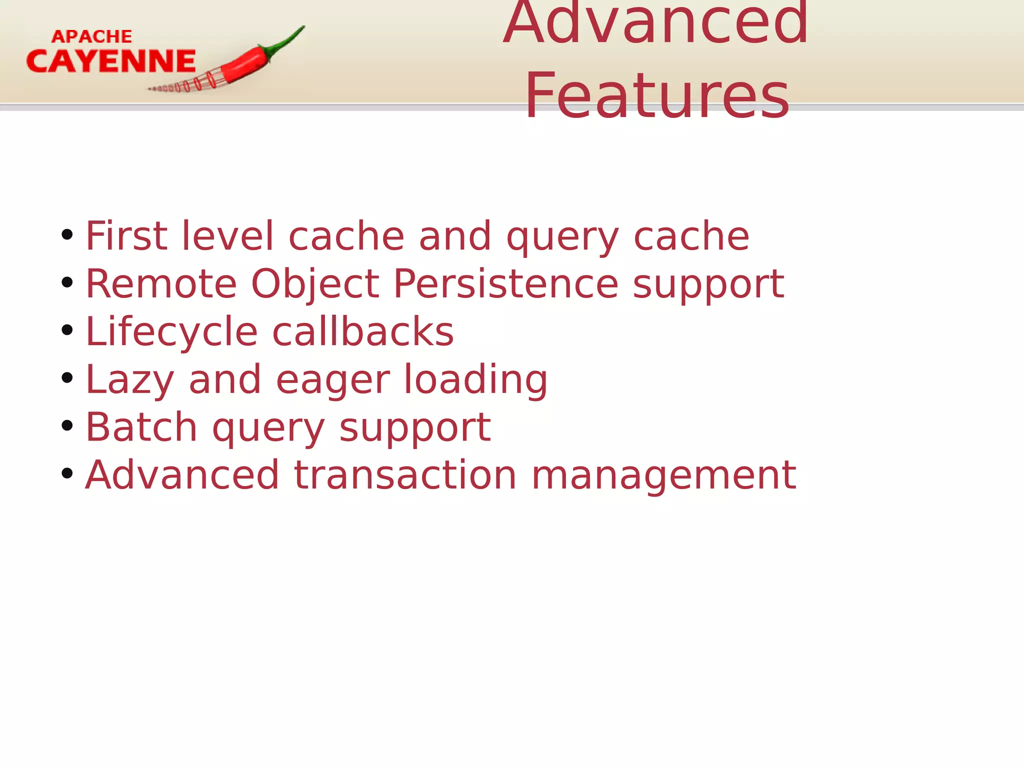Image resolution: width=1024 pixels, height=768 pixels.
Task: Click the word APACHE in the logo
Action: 92,36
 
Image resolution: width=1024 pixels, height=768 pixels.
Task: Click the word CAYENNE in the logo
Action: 111,61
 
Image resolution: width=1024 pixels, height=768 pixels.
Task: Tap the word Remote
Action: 161,283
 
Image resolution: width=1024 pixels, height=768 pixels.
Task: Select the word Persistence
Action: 505,283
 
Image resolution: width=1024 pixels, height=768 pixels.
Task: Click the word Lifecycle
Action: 171,331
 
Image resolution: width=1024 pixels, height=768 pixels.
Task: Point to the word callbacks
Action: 363,331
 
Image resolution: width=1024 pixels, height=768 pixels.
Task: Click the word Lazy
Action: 130,379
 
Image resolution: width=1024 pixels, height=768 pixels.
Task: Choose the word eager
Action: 332,379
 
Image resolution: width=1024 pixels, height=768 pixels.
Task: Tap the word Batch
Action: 141,427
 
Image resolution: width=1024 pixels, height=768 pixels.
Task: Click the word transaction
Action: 405,474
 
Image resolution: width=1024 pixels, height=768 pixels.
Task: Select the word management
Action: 663,474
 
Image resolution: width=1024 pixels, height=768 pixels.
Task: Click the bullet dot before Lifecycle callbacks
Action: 67,330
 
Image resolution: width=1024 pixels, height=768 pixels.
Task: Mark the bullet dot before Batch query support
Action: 67,426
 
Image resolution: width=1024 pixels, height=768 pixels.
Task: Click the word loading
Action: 475,379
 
